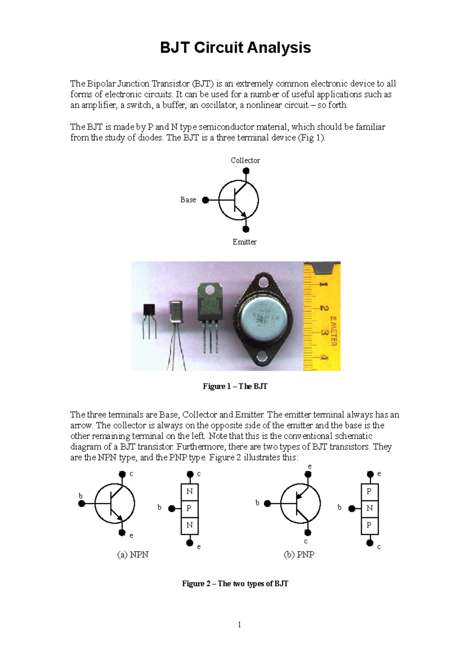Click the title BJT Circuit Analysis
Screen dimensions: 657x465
point(235,48)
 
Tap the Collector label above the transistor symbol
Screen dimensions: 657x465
point(245,160)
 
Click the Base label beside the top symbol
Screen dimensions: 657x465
point(188,200)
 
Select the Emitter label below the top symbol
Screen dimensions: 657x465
point(244,242)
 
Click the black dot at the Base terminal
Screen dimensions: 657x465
point(206,200)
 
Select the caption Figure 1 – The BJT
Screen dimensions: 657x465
point(235,386)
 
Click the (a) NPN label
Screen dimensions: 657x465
point(133,554)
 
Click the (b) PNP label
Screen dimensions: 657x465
point(299,554)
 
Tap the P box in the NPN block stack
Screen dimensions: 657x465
point(189,508)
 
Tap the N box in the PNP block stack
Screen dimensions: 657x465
point(370,508)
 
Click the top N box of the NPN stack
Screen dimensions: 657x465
point(189,491)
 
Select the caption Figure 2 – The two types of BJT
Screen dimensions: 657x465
point(235,583)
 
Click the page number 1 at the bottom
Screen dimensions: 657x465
point(239,624)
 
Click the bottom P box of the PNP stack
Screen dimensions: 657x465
point(370,525)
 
